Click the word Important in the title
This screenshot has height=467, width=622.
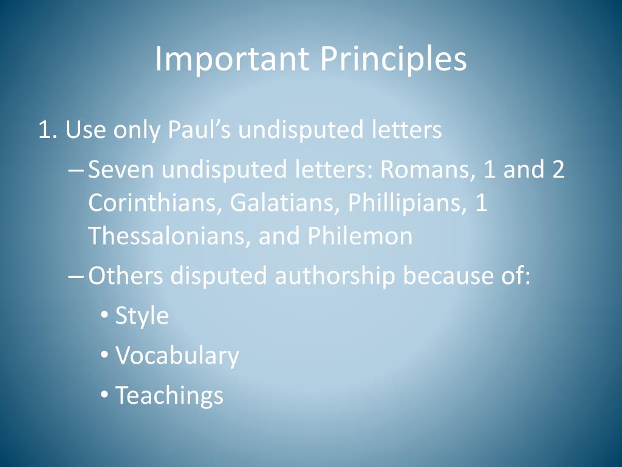[231, 60]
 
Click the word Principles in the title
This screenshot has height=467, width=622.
[394, 60]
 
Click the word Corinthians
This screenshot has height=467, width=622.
[154, 203]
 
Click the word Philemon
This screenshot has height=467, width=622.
[360, 236]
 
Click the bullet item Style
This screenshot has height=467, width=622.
[142, 316]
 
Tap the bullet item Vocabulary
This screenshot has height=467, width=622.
[177, 356]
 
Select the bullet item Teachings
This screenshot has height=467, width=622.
[169, 395]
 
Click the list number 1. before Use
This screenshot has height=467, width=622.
[47, 130]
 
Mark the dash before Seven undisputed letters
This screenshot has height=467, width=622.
[77, 170]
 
